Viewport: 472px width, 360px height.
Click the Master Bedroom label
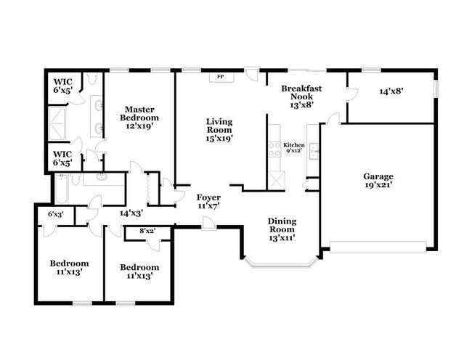point(140,118)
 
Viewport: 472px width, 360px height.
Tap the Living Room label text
point(218,129)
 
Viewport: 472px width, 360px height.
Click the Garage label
point(378,181)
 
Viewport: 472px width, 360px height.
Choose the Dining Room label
point(282,228)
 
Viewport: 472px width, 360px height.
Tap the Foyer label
point(208,201)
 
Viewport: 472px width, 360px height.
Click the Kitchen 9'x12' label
point(293,148)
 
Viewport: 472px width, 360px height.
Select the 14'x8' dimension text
point(391,92)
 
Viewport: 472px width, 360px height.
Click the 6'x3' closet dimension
point(56,215)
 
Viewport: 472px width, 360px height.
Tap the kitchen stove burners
point(275,149)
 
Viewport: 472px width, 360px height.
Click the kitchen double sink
point(314,150)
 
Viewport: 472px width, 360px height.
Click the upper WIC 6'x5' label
point(62,86)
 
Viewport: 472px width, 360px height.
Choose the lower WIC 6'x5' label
point(62,158)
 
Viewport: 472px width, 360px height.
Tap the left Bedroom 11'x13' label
point(69,268)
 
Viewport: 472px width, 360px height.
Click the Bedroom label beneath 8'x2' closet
point(139,271)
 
